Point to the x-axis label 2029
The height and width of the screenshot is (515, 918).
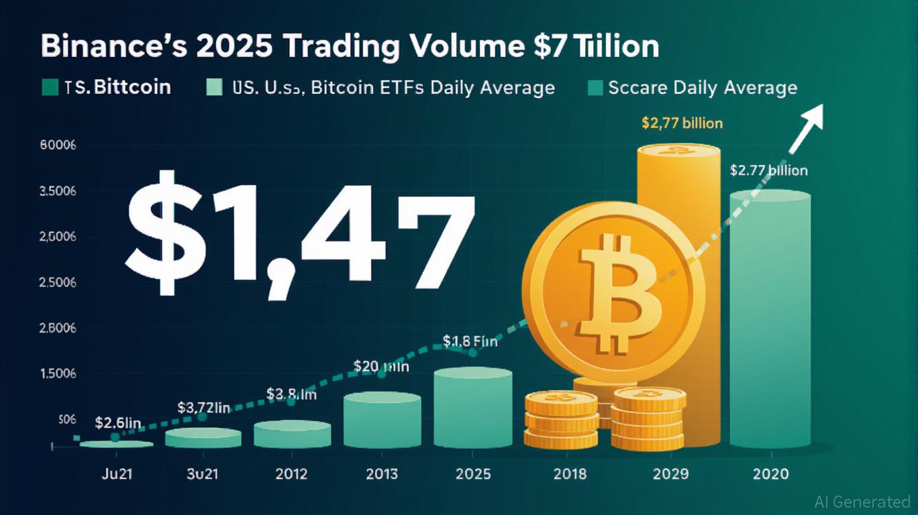(670, 474)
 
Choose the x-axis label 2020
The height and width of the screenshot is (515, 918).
(770, 474)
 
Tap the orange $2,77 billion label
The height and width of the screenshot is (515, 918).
(682, 123)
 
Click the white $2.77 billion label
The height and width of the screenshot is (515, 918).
(768, 170)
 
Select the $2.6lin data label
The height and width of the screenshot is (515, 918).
(118, 423)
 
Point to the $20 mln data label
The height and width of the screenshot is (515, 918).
(381, 366)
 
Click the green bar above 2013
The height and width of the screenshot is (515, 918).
(382, 420)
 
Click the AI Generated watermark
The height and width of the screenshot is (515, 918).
(862, 502)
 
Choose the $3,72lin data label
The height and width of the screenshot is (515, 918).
(204, 407)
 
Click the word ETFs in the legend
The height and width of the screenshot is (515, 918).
(400, 88)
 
